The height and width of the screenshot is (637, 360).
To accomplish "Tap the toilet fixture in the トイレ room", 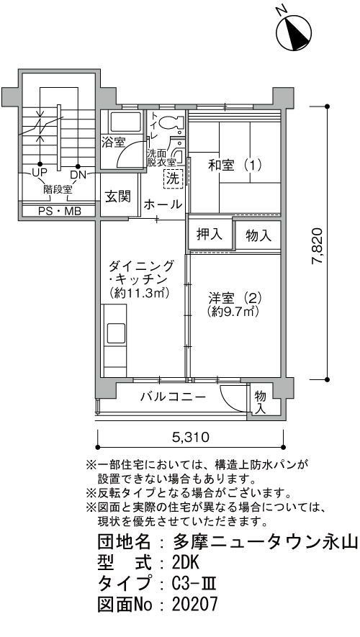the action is coord(171,122).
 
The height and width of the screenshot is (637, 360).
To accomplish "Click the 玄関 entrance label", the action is coord(118,196).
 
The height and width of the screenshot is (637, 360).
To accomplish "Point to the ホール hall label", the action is coord(163,204).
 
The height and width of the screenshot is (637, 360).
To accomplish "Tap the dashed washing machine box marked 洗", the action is coord(174,178).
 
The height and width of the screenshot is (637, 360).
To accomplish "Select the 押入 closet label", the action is coord(210,234).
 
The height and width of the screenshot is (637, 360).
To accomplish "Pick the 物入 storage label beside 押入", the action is coord(258,235).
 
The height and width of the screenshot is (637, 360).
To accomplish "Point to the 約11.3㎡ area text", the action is coord(139,292).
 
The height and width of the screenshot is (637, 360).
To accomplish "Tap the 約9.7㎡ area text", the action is coord(233,312).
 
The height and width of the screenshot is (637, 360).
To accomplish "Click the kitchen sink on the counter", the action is coord(115,333).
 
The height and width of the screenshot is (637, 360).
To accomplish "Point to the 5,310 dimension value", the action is coord(191,438).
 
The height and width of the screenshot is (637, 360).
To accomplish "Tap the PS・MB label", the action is coord(60,211).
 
